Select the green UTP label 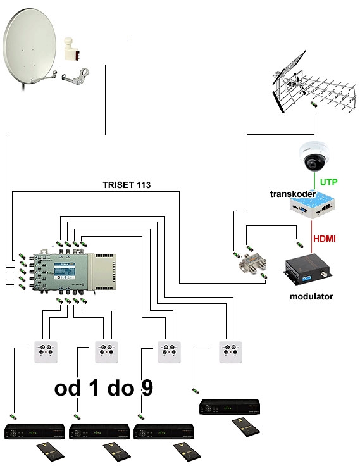pos(328,182)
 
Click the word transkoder pos(293,194)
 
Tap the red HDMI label pos(325,239)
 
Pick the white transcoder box pos(313,204)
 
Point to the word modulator pos(311,296)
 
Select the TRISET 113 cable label pos(127,185)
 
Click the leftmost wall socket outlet pos(46,352)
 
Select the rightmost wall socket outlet pos(230,352)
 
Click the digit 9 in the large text pos(147,387)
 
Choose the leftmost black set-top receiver pos(35,431)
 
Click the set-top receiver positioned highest pos(230,406)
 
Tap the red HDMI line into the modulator pos(311,237)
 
